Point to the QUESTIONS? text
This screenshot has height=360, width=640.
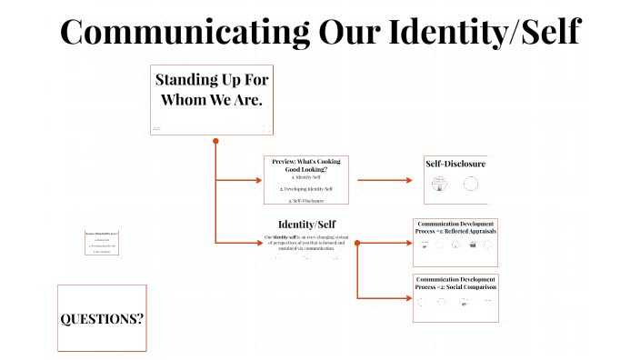(102, 319)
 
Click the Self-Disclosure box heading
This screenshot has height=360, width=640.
(455, 164)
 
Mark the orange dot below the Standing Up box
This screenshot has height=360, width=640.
(215, 141)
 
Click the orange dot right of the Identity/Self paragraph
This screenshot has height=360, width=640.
(357, 242)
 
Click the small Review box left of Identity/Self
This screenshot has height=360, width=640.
(103, 243)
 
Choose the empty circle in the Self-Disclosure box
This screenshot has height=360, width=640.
(471, 185)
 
